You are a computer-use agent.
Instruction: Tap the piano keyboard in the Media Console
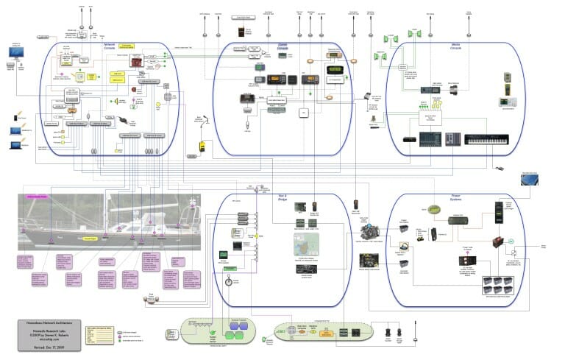(486, 140)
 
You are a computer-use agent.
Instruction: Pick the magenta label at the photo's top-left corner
(37, 197)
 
